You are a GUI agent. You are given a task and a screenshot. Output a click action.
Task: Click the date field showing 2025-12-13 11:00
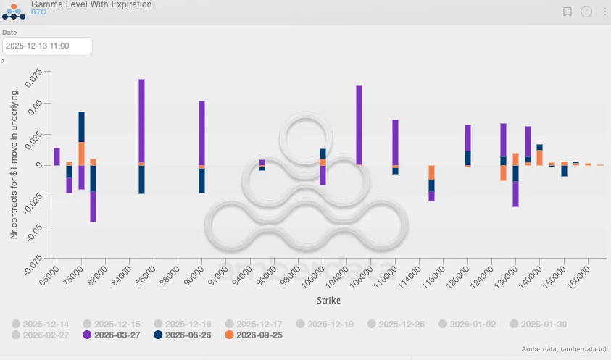click(47, 46)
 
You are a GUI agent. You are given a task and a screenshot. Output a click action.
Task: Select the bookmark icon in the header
click(568, 12)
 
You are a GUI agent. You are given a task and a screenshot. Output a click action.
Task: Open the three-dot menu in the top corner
click(605, 12)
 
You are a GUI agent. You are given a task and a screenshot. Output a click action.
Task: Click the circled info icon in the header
click(586, 12)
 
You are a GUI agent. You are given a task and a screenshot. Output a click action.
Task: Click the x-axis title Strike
click(328, 300)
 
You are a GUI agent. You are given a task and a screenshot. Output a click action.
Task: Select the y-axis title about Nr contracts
click(15, 165)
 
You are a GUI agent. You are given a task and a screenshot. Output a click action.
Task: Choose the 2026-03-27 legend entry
click(115, 335)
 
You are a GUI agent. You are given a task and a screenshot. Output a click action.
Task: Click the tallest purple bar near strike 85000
click(141, 120)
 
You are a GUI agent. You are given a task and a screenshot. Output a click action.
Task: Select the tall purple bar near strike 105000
click(359, 125)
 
